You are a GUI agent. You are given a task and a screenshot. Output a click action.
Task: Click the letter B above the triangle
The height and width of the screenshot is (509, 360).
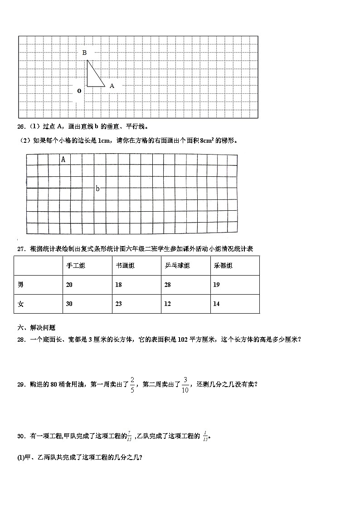[84, 53]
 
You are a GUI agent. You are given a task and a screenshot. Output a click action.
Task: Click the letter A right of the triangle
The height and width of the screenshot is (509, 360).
[112, 85]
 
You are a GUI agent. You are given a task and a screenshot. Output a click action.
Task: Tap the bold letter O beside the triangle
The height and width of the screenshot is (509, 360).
[79, 91]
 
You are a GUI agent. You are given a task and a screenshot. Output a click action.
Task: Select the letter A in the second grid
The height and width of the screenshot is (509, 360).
[63, 159]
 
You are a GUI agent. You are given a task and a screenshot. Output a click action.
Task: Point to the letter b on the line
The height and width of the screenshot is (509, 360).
[97, 189]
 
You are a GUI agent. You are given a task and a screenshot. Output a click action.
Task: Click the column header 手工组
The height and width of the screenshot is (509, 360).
[75, 266]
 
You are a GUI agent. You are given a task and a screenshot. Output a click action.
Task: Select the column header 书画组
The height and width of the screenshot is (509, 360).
[125, 266]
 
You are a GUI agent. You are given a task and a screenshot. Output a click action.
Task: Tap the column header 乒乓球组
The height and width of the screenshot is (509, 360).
[177, 266]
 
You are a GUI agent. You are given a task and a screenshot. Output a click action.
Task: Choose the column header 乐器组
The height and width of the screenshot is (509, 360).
[223, 266]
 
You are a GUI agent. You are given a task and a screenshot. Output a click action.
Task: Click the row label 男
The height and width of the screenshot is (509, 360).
[21, 285]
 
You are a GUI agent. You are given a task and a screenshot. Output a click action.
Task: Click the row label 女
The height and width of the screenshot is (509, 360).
[21, 304]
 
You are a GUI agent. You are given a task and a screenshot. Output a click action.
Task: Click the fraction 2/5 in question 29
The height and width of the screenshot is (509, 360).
[132, 384]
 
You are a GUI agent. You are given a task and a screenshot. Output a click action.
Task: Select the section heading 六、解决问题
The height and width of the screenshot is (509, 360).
[36, 328]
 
